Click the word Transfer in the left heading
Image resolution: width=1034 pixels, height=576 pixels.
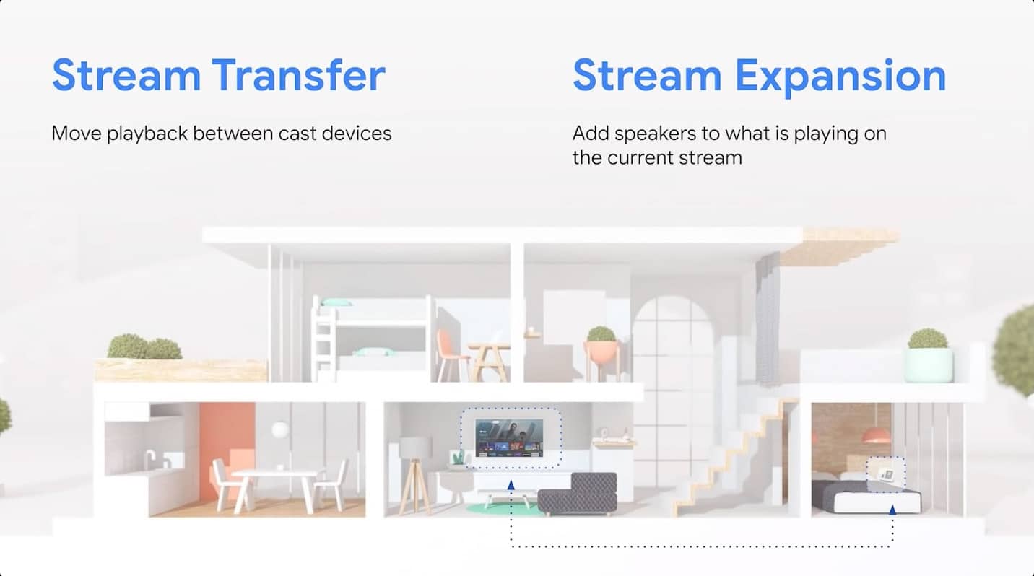(x=299, y=75)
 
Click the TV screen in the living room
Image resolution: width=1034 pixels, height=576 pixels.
(x=509, y=437)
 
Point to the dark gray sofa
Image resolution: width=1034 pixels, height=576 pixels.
(x=578, y=494)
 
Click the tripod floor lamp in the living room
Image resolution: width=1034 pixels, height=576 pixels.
(x=414, y=476)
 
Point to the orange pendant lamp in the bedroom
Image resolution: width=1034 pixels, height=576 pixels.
(x=876, y=435)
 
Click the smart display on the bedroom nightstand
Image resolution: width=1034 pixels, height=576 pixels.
(x=886, y=475)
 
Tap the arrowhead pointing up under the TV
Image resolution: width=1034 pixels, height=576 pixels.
(x=511, y=484)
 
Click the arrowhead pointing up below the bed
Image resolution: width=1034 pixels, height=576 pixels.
(x=892, y=510)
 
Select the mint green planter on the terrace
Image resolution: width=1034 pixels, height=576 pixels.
(x=929, y=365)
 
